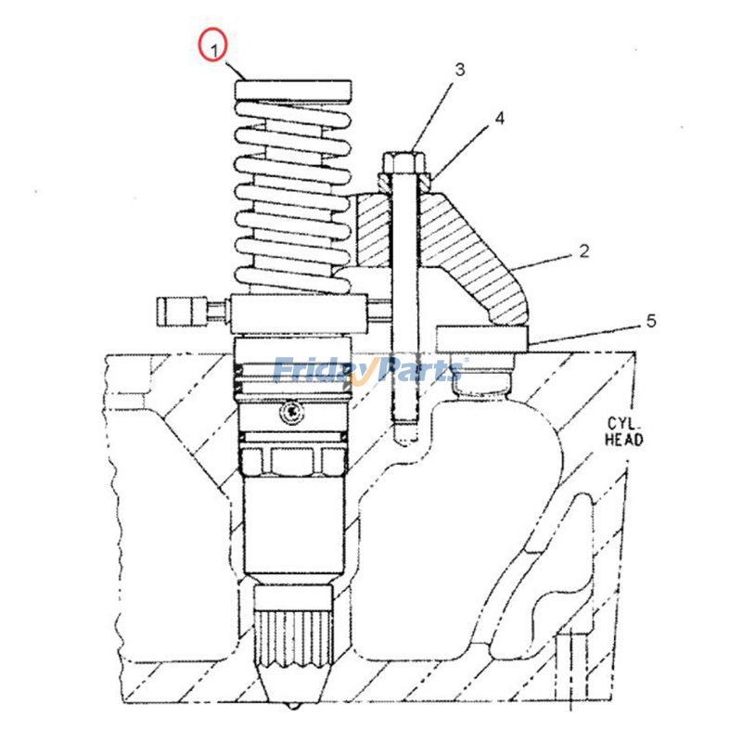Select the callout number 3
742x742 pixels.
[459, 70]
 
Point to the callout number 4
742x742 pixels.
[499, 119]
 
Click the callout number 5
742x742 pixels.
[651, 321]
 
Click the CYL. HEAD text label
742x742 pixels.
[623, 432]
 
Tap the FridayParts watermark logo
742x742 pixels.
[369, 371]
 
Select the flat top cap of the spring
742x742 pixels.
[293, 90]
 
